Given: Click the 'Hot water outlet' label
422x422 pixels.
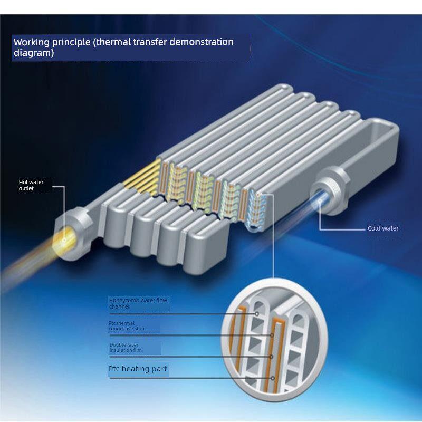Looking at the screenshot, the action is (31, 185).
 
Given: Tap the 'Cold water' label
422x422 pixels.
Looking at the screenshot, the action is (383, 228).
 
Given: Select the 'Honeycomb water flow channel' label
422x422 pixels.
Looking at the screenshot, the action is (138, 303).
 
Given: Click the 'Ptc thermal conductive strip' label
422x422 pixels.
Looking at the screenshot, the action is (126, 325).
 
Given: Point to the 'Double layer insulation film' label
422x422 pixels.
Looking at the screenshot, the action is (126, 347).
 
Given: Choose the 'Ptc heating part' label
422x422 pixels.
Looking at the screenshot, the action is (138, 368).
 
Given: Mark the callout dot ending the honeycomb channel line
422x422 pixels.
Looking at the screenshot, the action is (257, 314).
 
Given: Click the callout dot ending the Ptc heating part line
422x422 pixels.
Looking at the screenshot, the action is (273, 378).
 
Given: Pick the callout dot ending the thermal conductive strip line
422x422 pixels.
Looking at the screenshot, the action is (272, 335).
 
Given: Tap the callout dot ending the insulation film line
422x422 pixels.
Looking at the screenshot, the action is (271, 357).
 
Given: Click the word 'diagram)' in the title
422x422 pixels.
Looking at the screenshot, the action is (34, 53).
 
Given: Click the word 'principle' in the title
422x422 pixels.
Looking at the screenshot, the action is (71, 43).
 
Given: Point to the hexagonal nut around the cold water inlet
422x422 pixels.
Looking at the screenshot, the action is (329, 190).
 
